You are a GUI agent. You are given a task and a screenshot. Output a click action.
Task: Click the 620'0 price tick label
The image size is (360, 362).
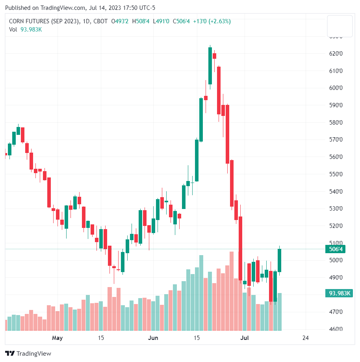(336, 54)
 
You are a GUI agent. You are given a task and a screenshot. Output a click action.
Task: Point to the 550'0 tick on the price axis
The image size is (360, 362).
(336, 174)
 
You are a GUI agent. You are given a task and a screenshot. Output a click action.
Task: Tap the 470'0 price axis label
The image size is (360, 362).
(336, 312)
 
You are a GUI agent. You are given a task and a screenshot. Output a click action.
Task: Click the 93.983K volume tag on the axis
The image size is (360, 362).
(338, 293)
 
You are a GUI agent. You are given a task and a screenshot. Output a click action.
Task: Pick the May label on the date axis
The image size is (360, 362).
(57, 338)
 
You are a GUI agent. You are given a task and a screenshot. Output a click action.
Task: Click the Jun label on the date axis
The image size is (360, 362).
(153, 338)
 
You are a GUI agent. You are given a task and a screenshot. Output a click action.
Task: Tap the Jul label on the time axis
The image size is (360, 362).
(245, 338)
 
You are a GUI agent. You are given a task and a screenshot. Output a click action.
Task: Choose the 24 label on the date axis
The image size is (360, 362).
(305, 338)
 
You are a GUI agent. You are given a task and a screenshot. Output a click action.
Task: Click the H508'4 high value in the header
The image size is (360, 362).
(141, 21)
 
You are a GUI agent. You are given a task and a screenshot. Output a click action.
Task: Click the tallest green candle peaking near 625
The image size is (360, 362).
(210, 65)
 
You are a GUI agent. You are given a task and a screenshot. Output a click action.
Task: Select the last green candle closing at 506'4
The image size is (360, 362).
(280, 260)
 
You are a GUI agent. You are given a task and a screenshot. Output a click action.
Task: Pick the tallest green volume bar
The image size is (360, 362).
(201, 293)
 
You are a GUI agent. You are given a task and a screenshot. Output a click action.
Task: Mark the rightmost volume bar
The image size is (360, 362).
(280, 312)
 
